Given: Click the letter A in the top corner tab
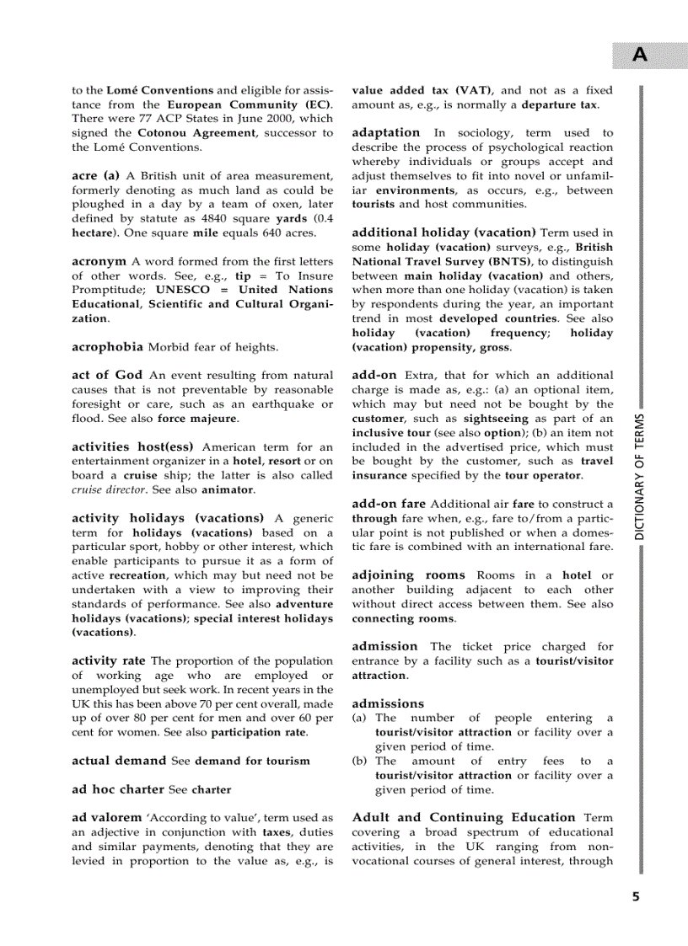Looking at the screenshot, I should click(x=641, y=56).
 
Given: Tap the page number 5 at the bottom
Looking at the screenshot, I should click(x=636, y=896).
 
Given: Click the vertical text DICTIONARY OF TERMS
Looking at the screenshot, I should click(x=640, y=477).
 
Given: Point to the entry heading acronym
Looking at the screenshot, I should click(x=99, y=261).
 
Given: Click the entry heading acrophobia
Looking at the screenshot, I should click(x=107, y=346).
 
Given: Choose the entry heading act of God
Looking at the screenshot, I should click(x=107, y=375).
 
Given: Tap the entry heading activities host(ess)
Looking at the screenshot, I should click(x=132, y=446).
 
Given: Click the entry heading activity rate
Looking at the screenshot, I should click(x=109, y=660).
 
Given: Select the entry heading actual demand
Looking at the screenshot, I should click(x=119, y=760).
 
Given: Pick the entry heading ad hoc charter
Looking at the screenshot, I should click(x=117, y=789).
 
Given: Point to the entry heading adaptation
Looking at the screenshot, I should click(x=385, y=132).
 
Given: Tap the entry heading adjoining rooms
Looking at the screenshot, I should click(x=408, y=575).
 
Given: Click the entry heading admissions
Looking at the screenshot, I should click(x=388, y=703).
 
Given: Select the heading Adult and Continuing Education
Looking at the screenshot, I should click(x=463, y=817).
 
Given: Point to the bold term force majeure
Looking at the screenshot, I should click(x=197, y=418).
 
